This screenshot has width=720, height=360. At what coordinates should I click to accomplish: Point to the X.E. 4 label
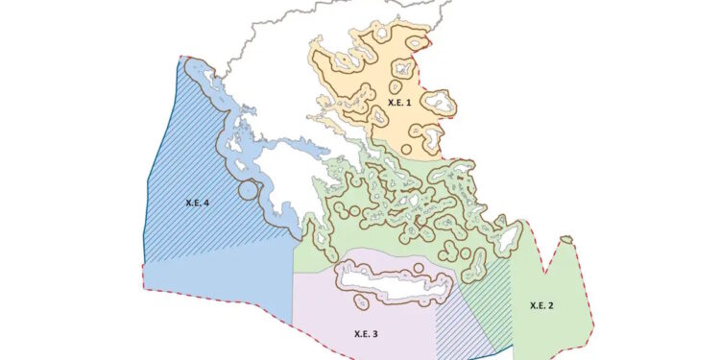tap(197, 203)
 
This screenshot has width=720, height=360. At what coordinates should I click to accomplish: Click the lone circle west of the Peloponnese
tap(250, 189)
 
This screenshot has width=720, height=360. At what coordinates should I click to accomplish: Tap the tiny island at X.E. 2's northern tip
tap(567, 239)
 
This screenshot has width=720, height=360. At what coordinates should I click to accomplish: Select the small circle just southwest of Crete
tap(361, 301)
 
